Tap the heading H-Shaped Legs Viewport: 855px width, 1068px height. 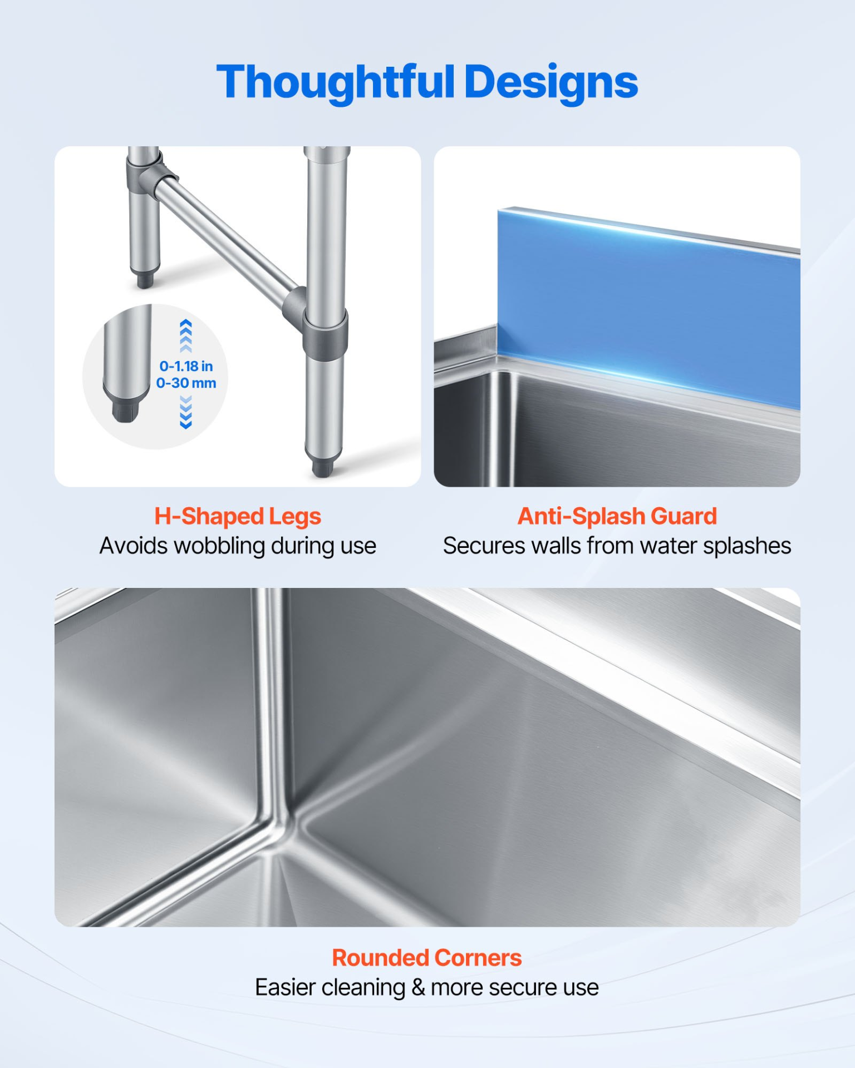click(238, 516)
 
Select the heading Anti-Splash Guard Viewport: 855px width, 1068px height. click(617, 516)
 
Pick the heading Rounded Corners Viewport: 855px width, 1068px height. click(427, 958)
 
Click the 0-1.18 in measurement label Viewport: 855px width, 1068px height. click(186, 366)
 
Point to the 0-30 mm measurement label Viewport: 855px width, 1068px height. click(186, 383)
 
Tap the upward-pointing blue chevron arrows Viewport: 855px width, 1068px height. click(186, 336)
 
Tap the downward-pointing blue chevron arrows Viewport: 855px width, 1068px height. click(186, 412)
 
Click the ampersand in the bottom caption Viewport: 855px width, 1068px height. click(418, 988)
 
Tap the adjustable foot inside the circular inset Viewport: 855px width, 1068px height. click(125, 410)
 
